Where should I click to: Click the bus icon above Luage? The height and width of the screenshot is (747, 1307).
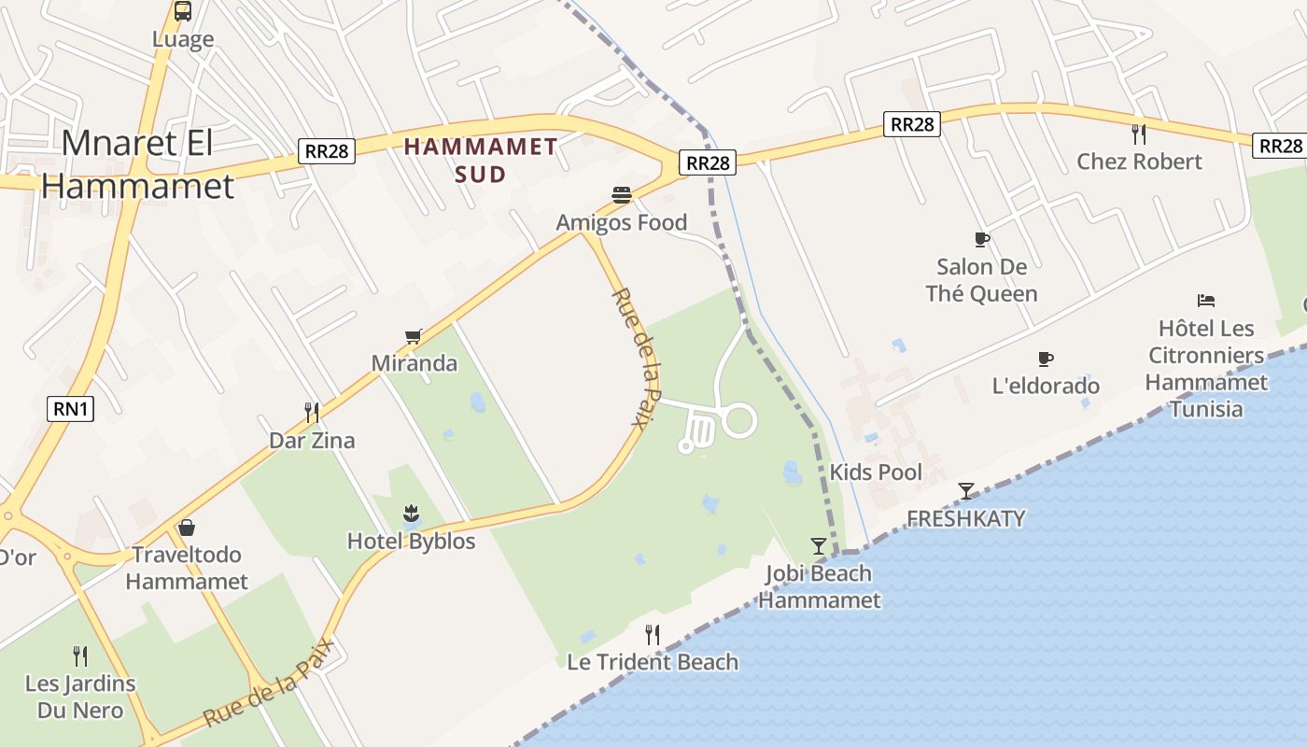(183, 11)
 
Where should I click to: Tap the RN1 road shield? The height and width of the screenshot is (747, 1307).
(70, 408)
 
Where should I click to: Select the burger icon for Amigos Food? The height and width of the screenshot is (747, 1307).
(622, 195)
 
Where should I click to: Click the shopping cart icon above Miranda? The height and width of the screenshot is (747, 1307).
(414, 336)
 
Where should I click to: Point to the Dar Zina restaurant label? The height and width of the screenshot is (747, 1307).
(312, 440)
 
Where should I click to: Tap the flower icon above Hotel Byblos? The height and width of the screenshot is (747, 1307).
(411, 513)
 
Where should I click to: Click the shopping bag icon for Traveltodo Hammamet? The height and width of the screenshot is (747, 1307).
(187, 528)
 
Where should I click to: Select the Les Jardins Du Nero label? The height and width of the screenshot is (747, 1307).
(80, 697)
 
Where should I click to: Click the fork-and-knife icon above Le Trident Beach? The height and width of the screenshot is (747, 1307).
(653, 635)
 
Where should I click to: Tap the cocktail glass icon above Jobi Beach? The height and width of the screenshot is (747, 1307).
(819, 545)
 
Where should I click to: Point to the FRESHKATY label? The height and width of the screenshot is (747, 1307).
(965, 518)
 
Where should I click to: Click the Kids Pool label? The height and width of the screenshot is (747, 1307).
(876, 472)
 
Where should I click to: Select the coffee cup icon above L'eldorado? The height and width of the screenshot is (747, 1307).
(1046, 359)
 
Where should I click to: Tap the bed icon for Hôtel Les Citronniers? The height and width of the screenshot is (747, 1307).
(1206, 301)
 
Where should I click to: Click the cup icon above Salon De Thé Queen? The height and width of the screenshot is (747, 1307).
(981, 239)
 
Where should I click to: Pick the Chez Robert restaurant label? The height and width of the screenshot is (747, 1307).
(1139, 161)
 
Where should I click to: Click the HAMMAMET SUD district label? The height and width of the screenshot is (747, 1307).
(481, 160)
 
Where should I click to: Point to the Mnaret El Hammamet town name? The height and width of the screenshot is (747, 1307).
(137, 164)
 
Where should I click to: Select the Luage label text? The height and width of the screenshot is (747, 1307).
(183, 39)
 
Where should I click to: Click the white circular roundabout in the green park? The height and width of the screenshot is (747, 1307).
(738, 420)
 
